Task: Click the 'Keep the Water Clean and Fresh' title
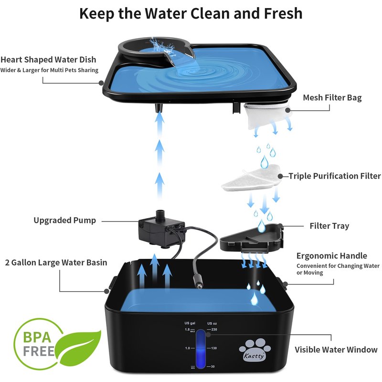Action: (191, 13)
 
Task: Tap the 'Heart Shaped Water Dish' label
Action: (48, 60)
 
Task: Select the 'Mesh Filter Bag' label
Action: (332, 98)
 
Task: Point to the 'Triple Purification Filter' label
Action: (335, 176)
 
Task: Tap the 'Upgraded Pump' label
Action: (64, 220)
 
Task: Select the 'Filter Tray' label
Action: (329, 226)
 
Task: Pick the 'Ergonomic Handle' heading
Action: (331, 256)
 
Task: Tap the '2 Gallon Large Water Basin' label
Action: (56, 262)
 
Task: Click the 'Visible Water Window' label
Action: (336, 350)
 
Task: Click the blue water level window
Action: (201, 349)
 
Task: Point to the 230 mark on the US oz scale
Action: (214, 329)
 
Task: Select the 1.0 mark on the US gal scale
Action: (187, 348)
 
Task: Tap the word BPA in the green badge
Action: (37, 338)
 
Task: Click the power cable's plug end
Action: (198, 283)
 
